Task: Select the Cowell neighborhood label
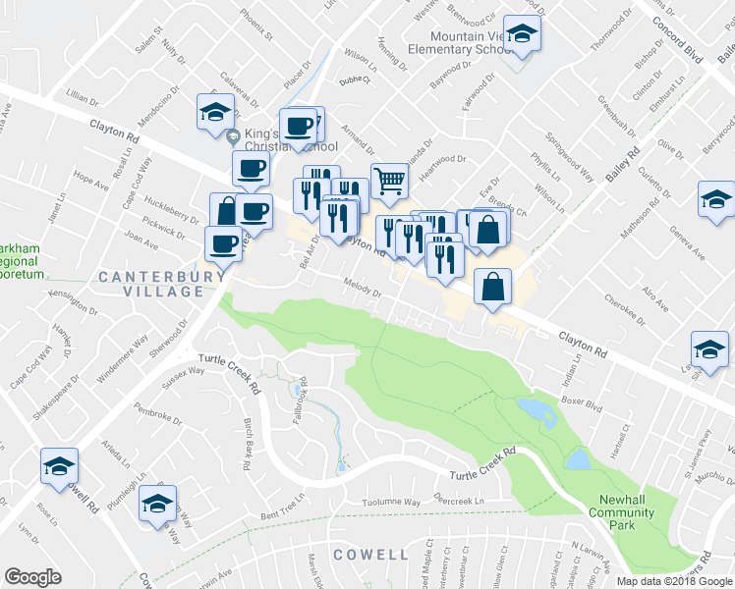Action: [x=370, y=555]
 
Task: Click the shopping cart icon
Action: [x=389, y=181]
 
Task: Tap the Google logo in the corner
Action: [x=33, y=577]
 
